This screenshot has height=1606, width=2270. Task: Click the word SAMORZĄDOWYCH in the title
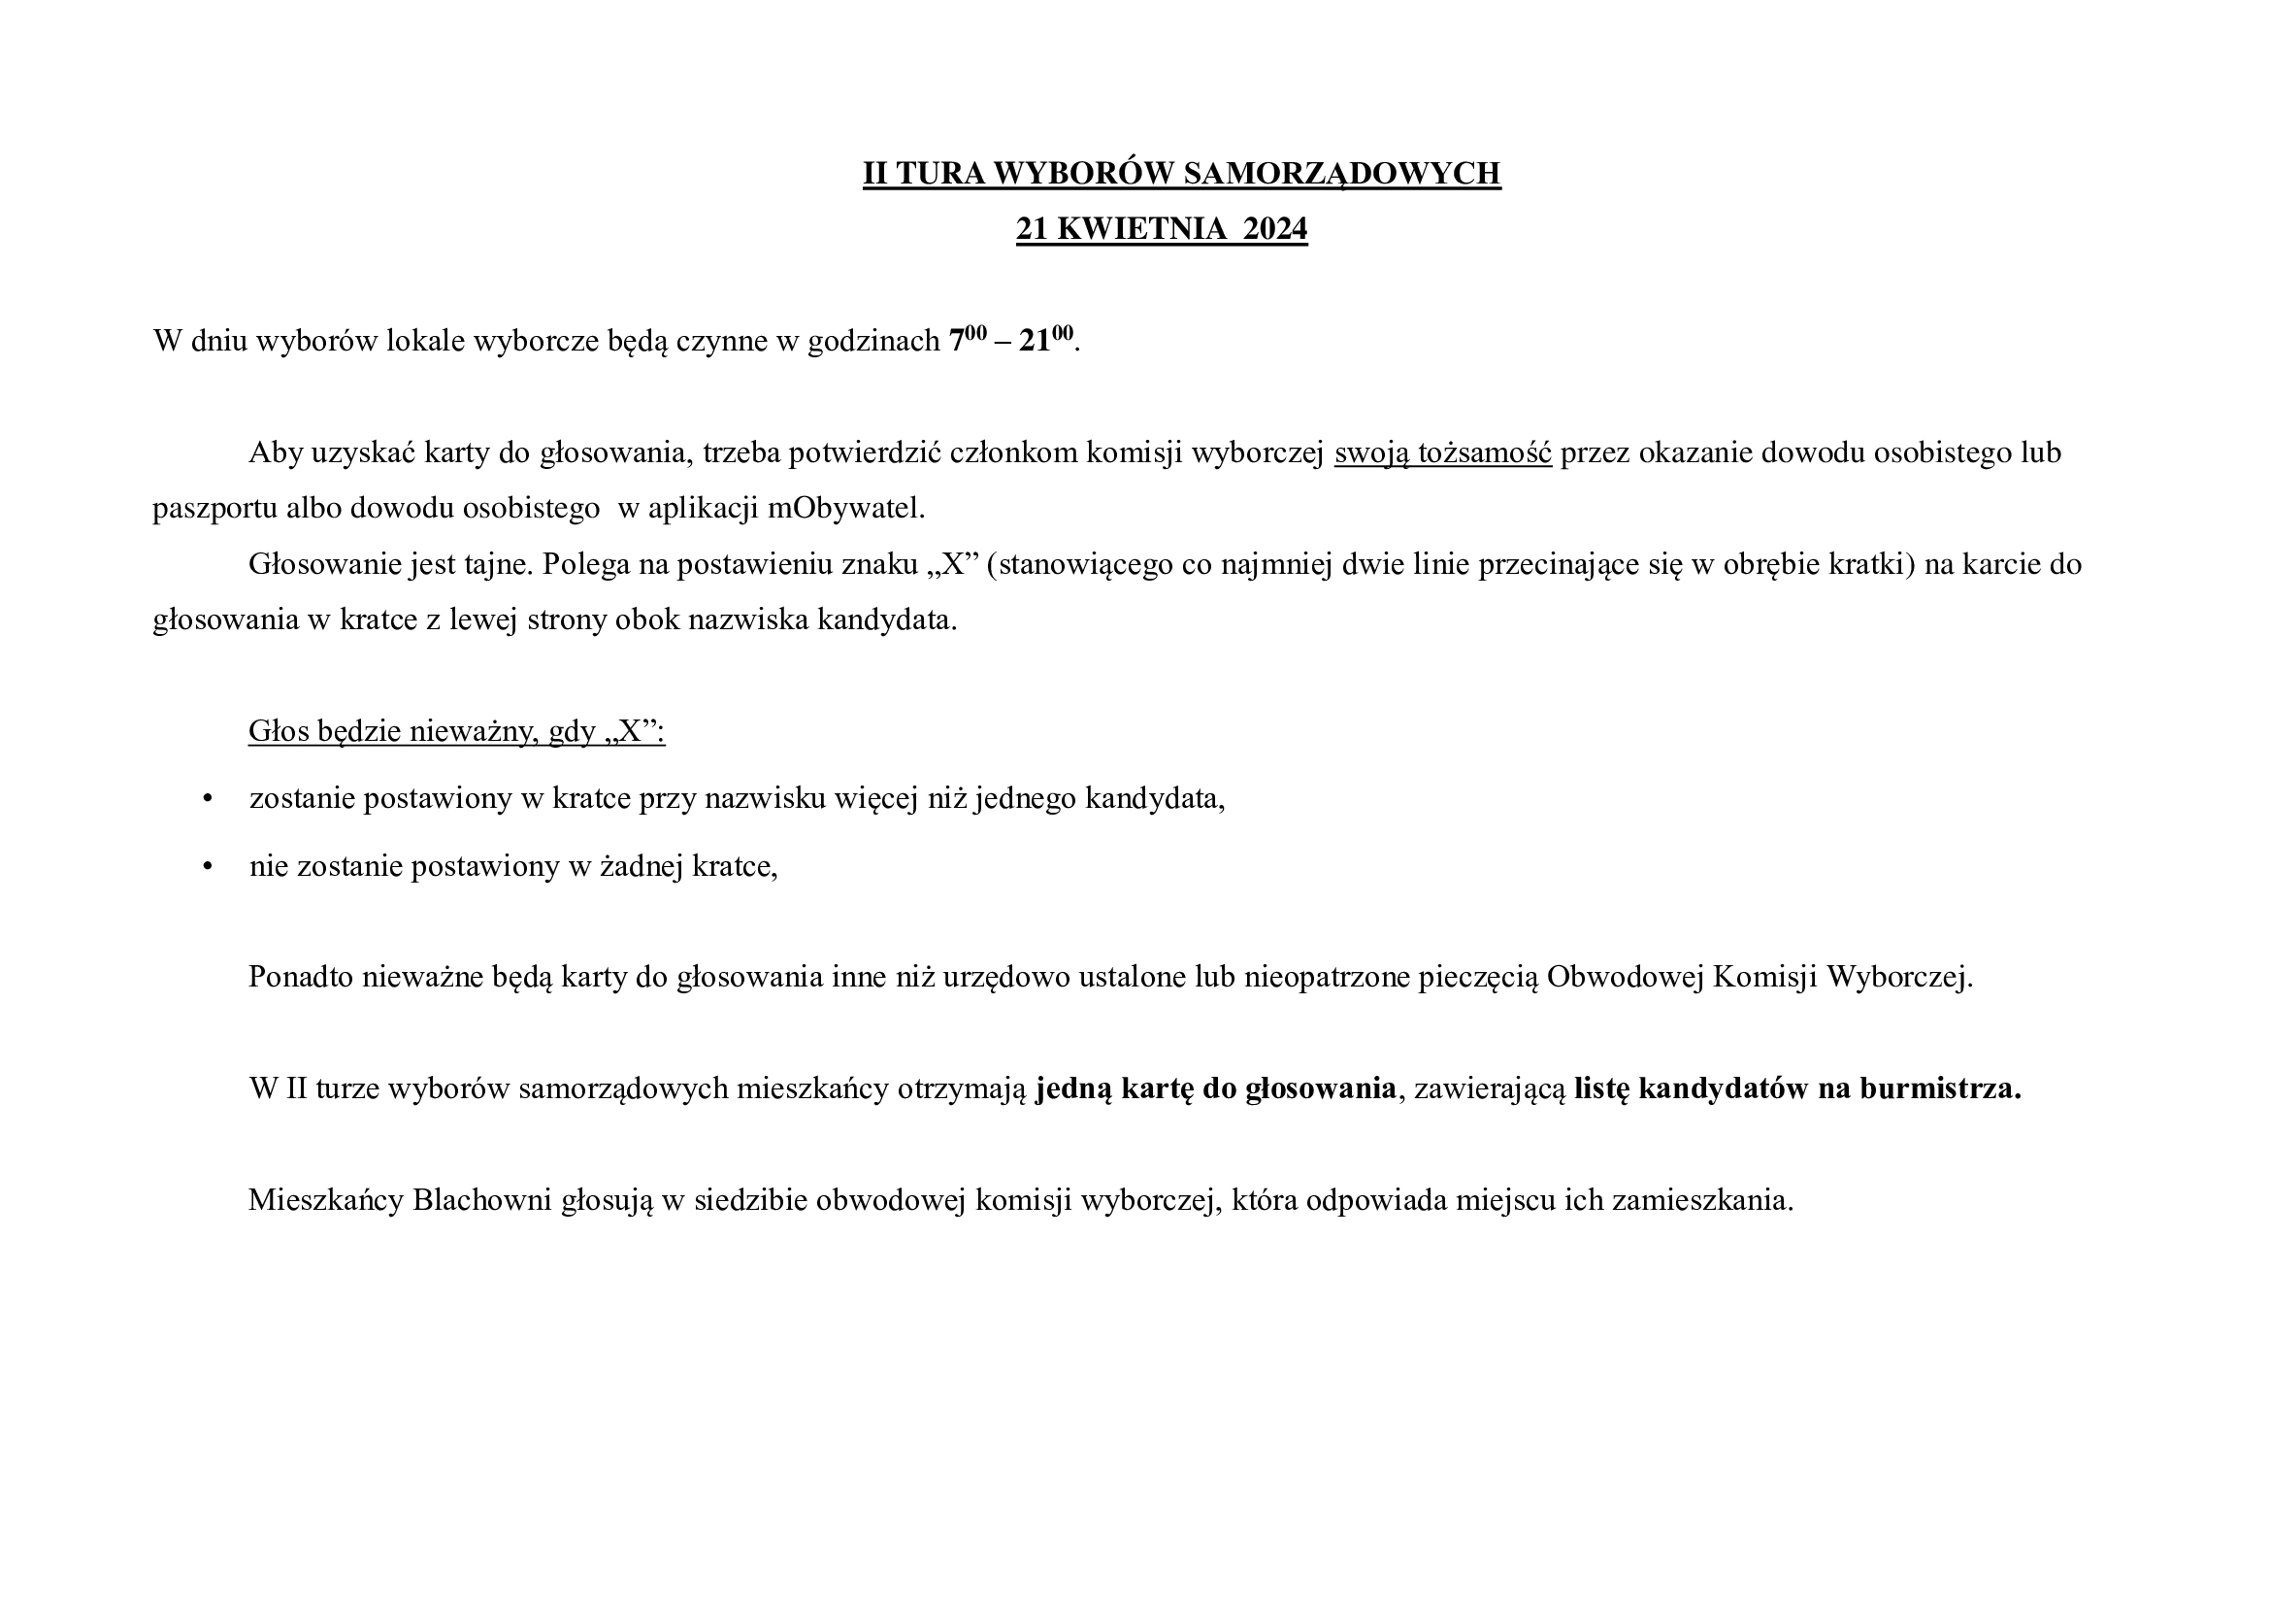(1341, 173)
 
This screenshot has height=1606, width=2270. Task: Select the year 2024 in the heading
(1274, 228)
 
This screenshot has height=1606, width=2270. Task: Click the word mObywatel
(846, 508)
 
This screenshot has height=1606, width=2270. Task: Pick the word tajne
(498, 565)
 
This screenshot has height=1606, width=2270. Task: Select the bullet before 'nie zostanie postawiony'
(208, 866)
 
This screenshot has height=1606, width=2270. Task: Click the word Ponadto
(301, 977)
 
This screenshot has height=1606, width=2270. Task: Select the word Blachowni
(482, 1200)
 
